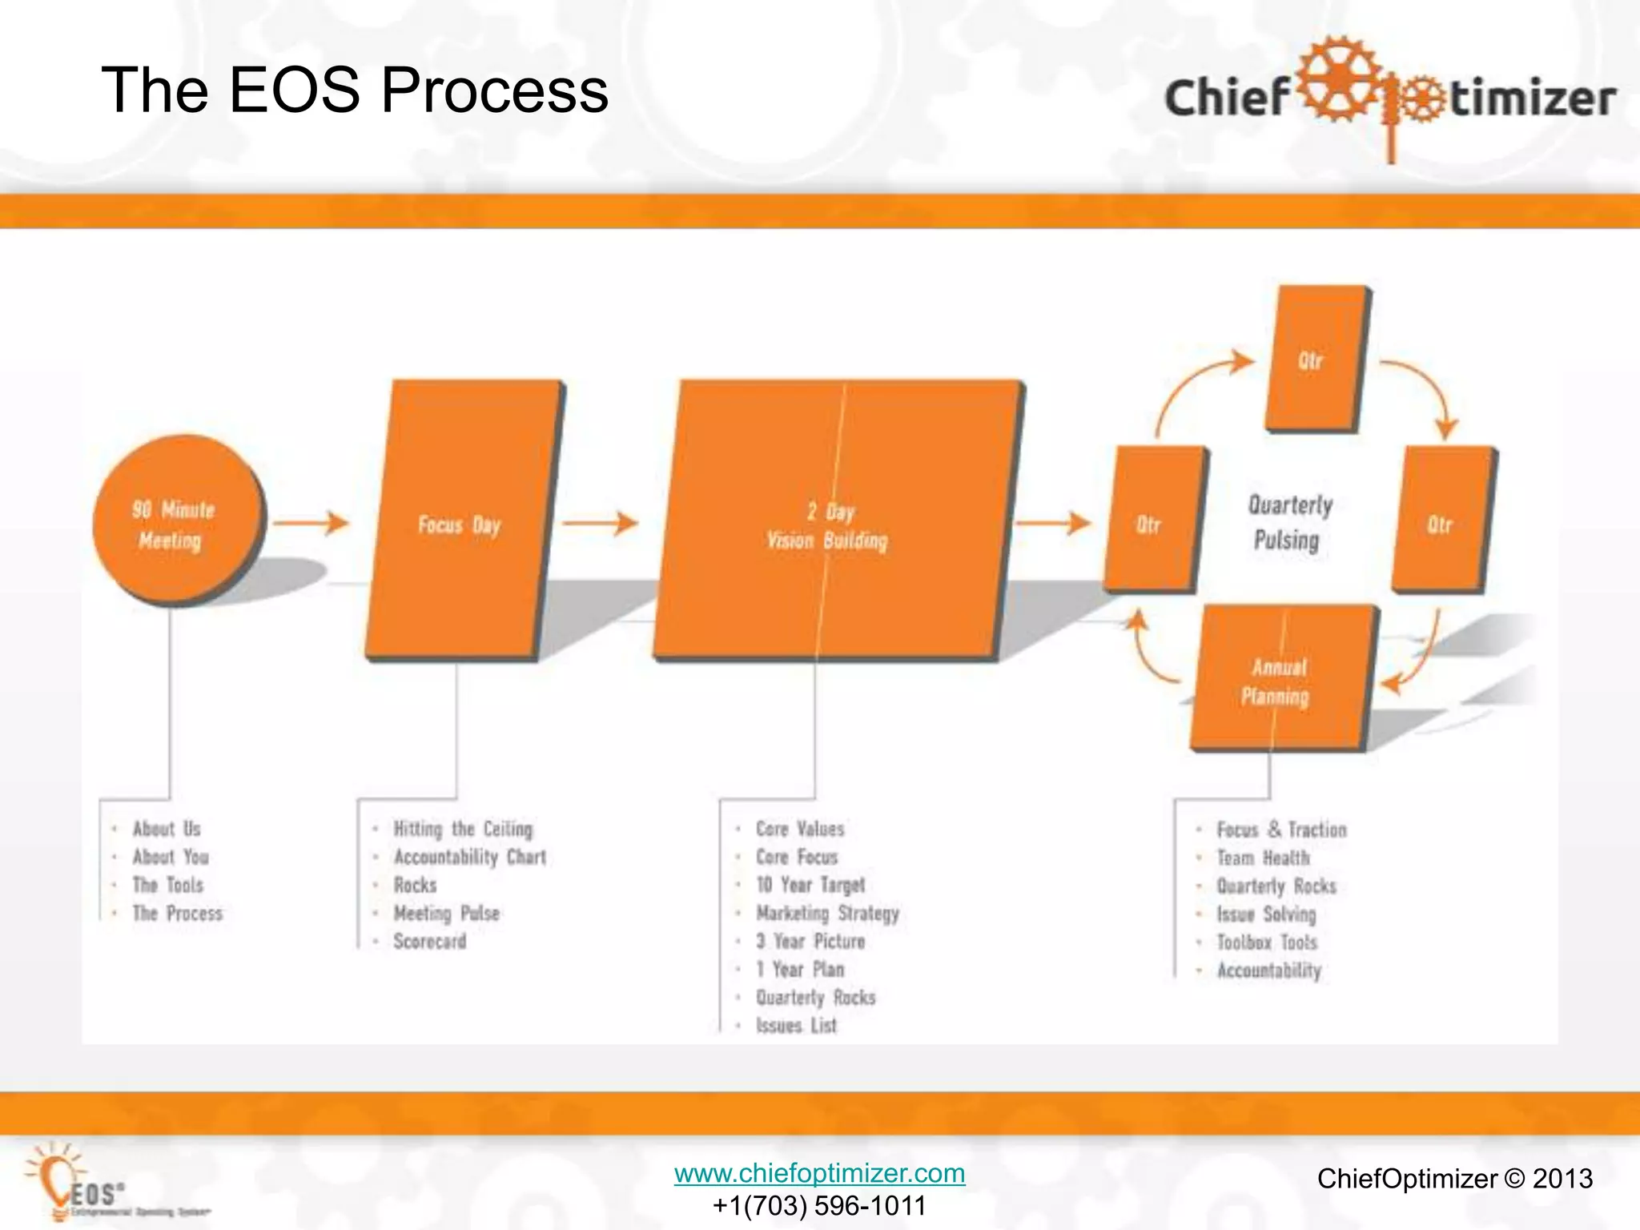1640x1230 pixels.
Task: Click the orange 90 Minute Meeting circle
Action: [x=176, y=521]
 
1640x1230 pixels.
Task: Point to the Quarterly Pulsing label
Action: [x=1289, y=522]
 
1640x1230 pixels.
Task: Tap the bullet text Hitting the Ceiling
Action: [x=463, y=829]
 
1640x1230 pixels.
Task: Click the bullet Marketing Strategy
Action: [x=827, y=913]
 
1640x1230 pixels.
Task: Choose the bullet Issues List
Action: [x=796, y=1026]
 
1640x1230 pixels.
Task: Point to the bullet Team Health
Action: [x=1263, y=858]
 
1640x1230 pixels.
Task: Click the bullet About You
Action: [x=171, y=857]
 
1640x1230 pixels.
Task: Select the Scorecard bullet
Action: [x=429, y=942]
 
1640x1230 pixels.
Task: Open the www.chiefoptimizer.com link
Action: [x=819, y=1173]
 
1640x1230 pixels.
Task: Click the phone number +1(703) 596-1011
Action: [x=819, y=1205]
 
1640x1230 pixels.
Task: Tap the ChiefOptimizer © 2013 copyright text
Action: [x=1454, y=1179]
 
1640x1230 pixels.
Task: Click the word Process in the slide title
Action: [x=494, y=90]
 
